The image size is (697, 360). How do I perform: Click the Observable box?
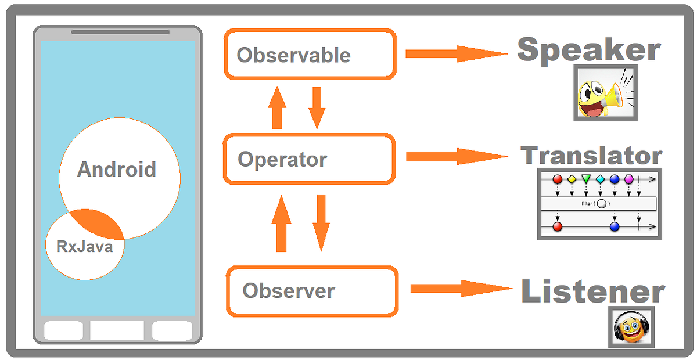[x=310, y=55]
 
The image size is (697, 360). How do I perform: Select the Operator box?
[x=310, y=159]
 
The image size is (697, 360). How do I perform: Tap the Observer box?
[x=312, y=291]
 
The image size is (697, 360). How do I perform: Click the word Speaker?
[x=588, y=50]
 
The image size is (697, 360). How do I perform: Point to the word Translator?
[x=591, y=156]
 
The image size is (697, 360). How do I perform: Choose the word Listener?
[x=592, y=291]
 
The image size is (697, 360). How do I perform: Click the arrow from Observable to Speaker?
[x=457, y=54]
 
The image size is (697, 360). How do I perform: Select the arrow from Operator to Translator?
[x=457, y=156]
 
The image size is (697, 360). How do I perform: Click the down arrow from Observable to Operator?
[x=317, y=108]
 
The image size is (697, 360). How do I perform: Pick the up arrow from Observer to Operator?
[x=282, y=223]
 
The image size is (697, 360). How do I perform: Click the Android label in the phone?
[x=117, y=170]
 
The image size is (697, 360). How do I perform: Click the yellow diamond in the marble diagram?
[x=572, y=179]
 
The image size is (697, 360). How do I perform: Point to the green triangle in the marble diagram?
[x=586, y=179]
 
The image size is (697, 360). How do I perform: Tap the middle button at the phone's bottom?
[x=117, y=330]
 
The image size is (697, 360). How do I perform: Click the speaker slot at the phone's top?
[x=120, y=32]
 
